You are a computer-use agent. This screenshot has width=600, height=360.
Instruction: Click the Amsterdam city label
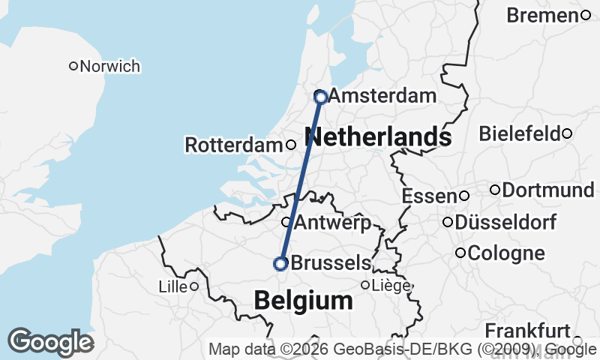pyautogui.click(x=382, y=96)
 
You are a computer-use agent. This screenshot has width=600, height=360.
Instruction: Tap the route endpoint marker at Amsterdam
pyautogui.click(x=320, y=97)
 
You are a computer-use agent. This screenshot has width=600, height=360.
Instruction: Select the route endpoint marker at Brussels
pyautogui.click(x=280, y=263)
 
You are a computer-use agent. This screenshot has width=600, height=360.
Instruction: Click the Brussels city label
pyautogui.click(x=330, y=263)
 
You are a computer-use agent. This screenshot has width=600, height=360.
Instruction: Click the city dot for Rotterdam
pyautogui.click(x=291, y=145)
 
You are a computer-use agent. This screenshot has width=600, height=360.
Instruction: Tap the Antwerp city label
pyautogui.click(x=332, y=222)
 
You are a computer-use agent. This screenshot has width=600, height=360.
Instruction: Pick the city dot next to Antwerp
pyautogui.click(x=286, y=222)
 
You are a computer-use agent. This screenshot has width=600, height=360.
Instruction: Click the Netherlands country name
pyautogui.click(x=379, y=137)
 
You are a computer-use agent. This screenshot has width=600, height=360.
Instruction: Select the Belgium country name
pyautogui.click(x=303, y=301)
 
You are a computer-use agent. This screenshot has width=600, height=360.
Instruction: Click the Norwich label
pyautogui.click(x=109, y=66)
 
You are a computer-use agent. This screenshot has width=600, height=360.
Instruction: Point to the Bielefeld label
pyautogui.click(x=520, y=133)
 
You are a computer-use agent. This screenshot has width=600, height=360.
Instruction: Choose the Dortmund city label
pyautogui.click(x=547, y=190)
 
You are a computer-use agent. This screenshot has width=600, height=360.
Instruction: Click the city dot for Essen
pyautogui.click(x=464, y=196)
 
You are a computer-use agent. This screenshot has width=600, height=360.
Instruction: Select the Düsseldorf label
pyautogui.click(x=505, y=222)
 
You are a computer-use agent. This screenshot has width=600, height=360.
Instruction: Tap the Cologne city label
pyautogui.click(x=505, y=253)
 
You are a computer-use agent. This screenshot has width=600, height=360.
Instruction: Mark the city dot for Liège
pyautogui.click(x=366, y=285)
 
